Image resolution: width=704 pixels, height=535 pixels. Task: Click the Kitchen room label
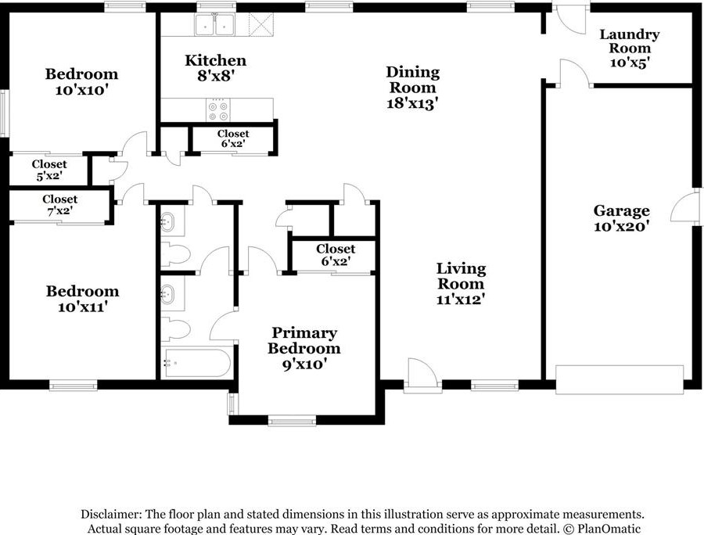click(216, 60)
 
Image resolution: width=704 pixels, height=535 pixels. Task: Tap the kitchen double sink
click(214, 23)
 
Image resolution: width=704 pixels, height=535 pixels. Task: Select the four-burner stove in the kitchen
click(218, 110)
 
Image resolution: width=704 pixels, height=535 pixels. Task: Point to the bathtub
click(196, 363)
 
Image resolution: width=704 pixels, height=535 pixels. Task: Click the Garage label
click(621, 210)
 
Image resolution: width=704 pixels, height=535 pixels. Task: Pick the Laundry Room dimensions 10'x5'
click(630, 63)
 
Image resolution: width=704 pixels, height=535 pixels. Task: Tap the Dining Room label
click(412, 80)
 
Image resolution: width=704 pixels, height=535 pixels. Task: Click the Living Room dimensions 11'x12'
click(461, 299)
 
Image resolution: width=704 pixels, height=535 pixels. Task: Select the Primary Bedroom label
click(304, 341)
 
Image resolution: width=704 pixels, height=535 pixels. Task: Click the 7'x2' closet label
click(59, 210)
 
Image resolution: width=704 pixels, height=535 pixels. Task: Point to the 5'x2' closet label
click(49, 175)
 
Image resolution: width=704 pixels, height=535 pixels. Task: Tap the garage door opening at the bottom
click(620, 379)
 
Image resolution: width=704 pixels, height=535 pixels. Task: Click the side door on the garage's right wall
click(684, 206)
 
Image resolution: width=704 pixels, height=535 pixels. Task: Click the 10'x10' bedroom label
click(81, 81)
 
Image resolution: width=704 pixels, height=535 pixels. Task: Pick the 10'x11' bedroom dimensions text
click(83, 307)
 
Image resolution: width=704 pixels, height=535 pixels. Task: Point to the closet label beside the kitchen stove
click(233, 138)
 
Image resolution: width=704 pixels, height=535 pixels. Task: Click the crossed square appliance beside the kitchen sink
click(260, 23)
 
